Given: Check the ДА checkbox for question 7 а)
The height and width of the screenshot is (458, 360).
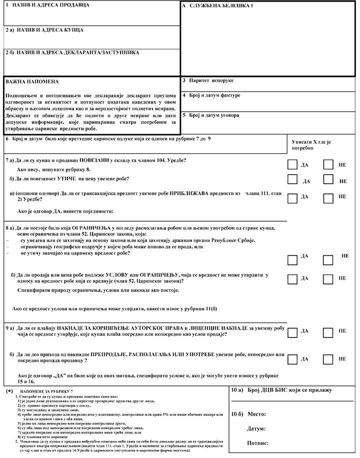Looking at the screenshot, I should [293, 164].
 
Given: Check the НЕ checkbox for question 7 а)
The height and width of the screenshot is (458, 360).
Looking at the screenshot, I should [328, 164].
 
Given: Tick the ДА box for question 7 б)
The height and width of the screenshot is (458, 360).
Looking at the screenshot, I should [293, 180].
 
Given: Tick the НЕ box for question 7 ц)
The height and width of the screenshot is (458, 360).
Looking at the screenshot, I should [328, 198].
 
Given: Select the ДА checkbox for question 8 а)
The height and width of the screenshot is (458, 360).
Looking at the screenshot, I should [293, 260].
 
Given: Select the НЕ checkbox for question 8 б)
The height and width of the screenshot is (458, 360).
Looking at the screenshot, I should [328, 279].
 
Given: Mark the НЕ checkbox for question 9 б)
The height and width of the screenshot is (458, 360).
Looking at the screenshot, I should [328, 359].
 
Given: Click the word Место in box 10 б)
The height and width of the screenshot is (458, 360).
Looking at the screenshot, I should [256, 414].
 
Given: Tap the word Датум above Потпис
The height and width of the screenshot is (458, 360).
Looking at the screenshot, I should [256, 428].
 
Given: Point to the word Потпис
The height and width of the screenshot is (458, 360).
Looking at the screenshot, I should [257, 443].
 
